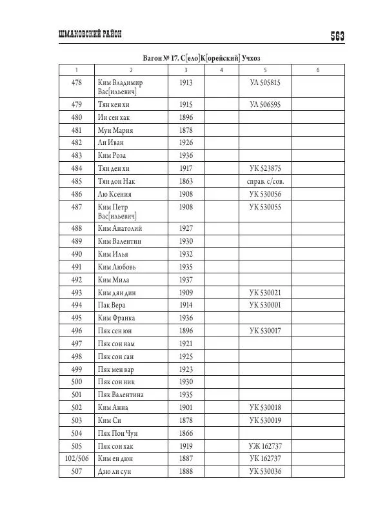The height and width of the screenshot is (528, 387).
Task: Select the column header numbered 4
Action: coord(221,70)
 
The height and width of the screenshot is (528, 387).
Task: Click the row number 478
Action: coord(77,83)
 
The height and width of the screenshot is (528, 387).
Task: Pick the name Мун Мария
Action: coord(115,130)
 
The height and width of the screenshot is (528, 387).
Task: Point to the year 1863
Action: coord(186,181)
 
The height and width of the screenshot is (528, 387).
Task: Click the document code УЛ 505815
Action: coord(265,83)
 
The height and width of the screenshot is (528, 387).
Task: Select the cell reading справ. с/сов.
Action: coord(265,181)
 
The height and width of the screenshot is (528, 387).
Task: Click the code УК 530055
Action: coord(265,207)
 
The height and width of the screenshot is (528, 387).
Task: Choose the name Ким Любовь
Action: coord(118,266)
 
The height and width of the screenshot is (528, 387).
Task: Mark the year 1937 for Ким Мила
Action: coord(186,279)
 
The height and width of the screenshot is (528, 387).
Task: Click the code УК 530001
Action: coord(265,305)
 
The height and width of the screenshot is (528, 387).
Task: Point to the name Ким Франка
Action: coord(118,318)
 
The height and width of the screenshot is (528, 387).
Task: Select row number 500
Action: coord(77,382)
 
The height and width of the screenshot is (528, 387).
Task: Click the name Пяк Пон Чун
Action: coord(117,433)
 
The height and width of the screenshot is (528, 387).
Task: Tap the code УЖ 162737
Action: coord(265,445)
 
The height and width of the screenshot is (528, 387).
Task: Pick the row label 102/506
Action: coord(77,458)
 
